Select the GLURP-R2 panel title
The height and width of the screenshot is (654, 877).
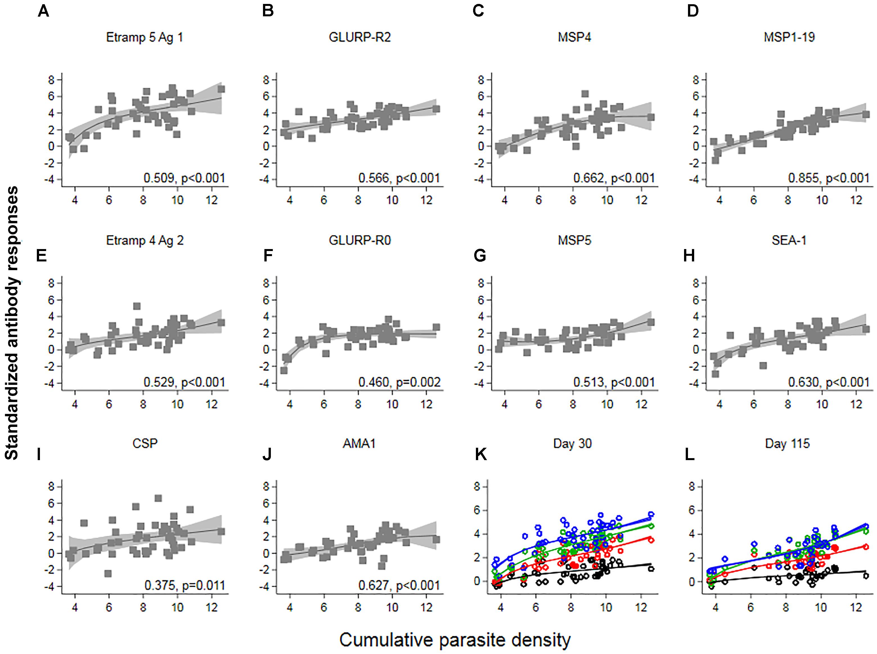pos(359,38)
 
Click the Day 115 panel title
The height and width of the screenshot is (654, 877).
pos(787,444)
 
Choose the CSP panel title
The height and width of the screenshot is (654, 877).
pos(145,444)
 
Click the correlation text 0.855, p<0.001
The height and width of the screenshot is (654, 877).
pos(829,178)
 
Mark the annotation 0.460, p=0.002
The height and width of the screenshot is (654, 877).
pos(399,382)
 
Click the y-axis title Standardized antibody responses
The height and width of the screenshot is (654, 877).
pos(12,323)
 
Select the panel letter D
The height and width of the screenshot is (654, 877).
pos(692,11)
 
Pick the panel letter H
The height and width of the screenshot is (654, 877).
pos(689,256)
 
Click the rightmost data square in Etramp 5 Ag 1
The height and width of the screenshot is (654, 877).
pos(221,89)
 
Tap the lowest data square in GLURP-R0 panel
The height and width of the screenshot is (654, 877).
pos(284,370)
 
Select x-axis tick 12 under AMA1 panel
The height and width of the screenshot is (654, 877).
pos(426,607)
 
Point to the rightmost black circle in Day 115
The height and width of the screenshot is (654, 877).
pos(865,576)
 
